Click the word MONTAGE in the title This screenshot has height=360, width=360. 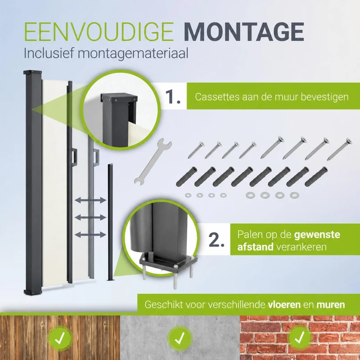pyautogui.click(x=244, y=32)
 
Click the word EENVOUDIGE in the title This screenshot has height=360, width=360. pyautogui.click(x=99, y=32)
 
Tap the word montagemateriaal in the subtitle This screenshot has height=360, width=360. pyautogui.click(x=133, y=53)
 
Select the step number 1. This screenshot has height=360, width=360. pyautogui.click(x=173, y=97)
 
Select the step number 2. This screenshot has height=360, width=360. pyautogui.click(x=216, y=240)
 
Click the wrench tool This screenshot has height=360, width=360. pyautogui.click(x=153, y=161)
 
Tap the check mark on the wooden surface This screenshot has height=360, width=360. pyautogui.click(x=60, y=338)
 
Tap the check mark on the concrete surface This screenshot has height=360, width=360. pyautogui.click(x=180, y=338)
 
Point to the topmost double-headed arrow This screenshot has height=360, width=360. pyautogui.click(x=90, y=200)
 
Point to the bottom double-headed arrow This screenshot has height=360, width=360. pyautogui.click(x=90, y=235)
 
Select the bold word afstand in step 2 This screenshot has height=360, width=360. pyautogui.click(x=255, y=247)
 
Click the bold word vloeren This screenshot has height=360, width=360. pyautogui.click(x=284, y=305)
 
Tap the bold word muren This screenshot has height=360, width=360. pyautogui.click(x=331, y=305)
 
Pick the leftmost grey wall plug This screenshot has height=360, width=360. pyautogui.click(x=187, y=177)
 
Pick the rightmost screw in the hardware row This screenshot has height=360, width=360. pyautogui.click(x=339, y=149)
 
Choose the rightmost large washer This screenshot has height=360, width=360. pyautogui.click(x=294, y=196)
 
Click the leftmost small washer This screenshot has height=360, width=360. pyautogui.click(x=188, y=195)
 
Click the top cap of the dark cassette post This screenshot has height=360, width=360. pyautogui.click(x=32, y=73)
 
